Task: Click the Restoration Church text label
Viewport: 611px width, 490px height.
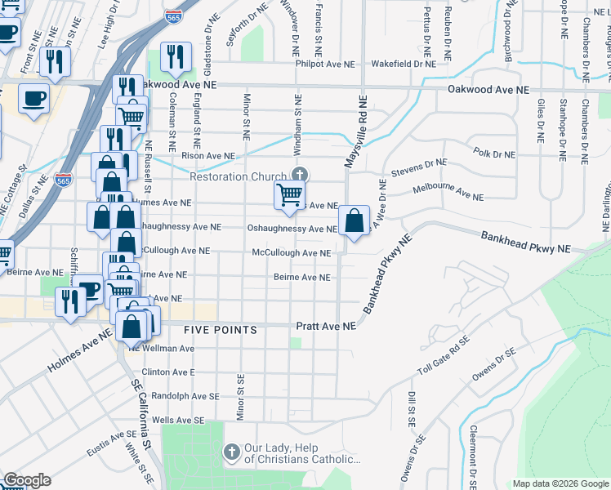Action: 238,176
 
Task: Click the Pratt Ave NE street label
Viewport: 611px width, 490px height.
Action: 327,326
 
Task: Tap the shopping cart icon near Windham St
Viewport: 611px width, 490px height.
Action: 289,195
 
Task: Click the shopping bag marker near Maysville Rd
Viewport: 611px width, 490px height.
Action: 353,220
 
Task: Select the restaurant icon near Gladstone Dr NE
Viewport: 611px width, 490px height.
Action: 176,56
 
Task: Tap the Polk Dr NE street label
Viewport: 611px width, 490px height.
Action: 494,154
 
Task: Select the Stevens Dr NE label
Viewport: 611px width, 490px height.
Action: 418,168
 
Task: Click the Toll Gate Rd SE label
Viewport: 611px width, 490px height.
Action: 444,359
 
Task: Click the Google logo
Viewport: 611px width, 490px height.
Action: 27,480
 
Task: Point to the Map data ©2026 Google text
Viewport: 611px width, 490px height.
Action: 560,483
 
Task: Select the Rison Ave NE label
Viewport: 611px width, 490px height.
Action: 207,156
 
